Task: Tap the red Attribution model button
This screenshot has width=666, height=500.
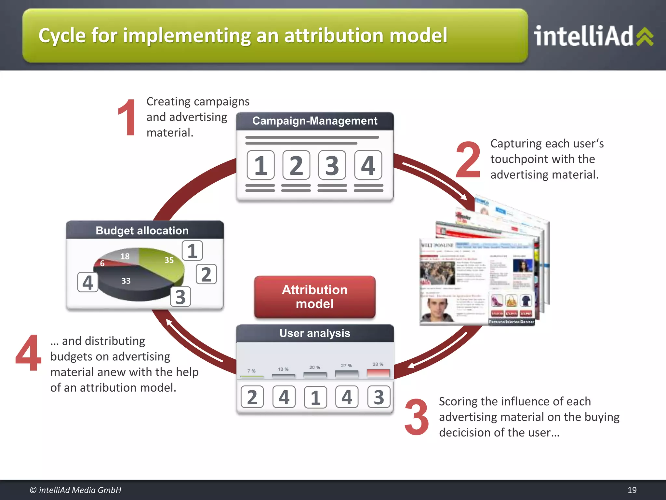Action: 314,297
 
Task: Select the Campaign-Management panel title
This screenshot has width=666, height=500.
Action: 314,121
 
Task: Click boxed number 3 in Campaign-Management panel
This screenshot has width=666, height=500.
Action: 332,165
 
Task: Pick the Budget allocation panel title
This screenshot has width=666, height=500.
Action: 142,230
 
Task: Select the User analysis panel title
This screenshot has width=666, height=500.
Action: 314,333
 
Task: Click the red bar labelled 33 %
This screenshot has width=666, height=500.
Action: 378,373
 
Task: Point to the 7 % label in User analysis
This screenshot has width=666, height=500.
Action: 251,371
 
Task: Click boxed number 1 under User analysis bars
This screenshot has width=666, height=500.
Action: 315,397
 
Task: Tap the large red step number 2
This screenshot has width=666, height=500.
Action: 468,160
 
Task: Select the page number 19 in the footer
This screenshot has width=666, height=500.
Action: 632,490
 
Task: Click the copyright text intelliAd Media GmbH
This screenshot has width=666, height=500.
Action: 75,490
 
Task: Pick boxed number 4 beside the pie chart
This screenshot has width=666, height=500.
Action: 87,282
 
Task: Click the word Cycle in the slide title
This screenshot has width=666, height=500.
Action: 61,35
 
